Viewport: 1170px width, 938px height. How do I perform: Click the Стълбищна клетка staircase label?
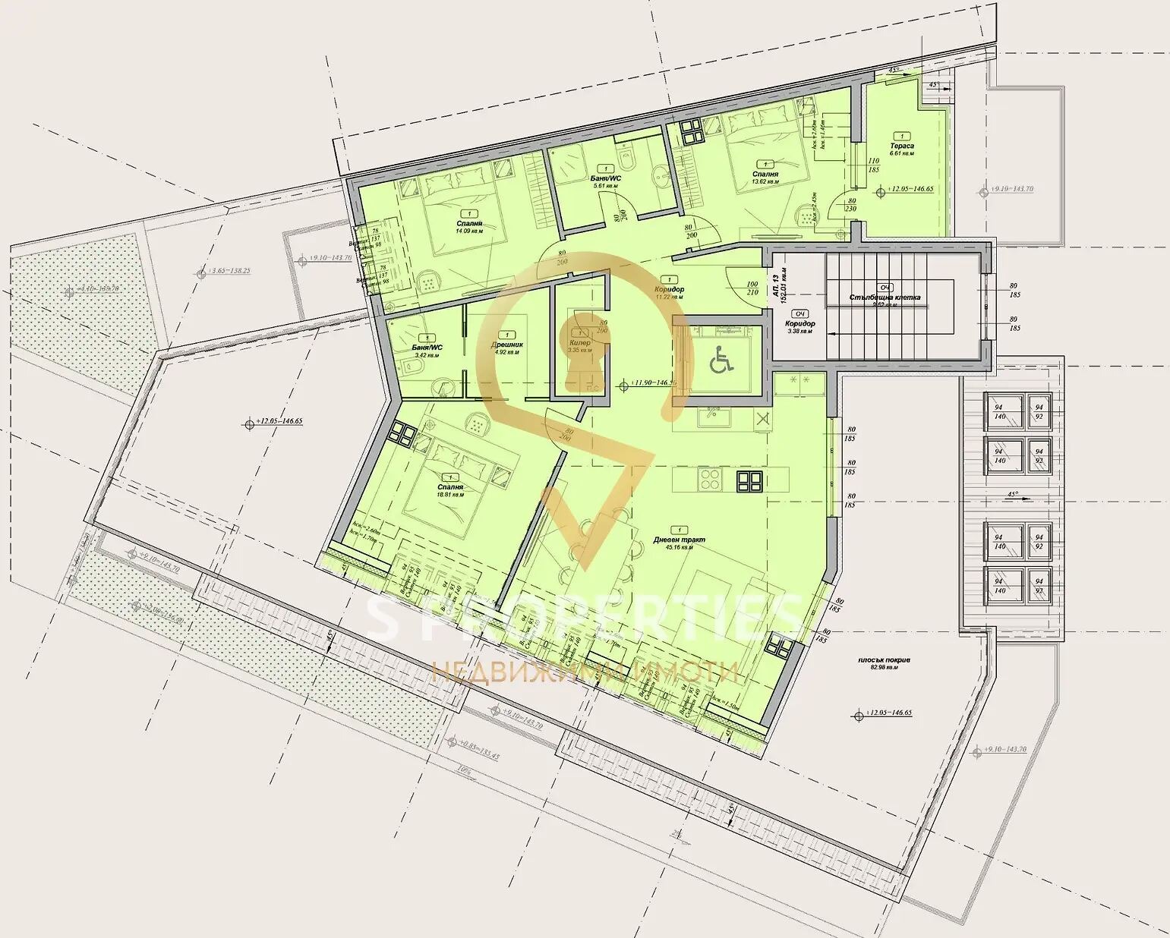pos(885,297)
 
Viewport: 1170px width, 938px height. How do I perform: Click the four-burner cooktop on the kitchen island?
pos(709,479)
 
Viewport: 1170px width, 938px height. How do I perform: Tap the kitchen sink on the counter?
pos(711,414)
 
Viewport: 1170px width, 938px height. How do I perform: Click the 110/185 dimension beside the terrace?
pos(873,165)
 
